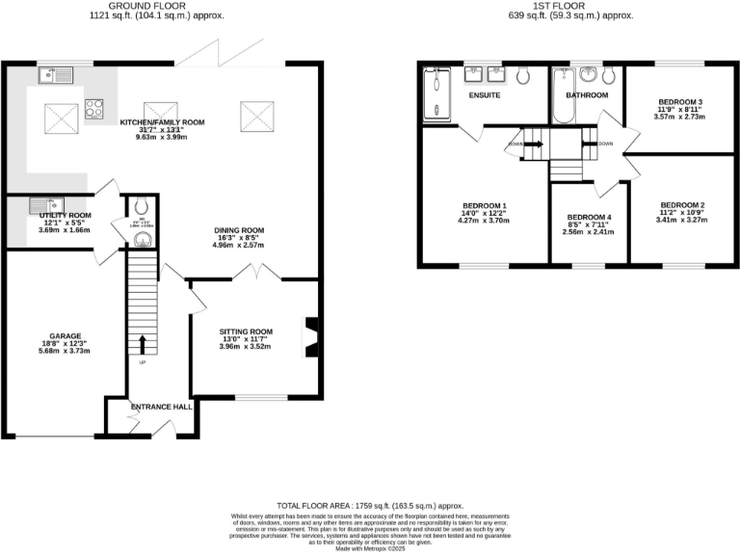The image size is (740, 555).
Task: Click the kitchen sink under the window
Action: (51, 73)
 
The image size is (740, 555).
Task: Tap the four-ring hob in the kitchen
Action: (94, 108)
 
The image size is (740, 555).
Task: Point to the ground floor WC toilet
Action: (141, 204)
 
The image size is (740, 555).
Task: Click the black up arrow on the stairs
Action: (144, 344)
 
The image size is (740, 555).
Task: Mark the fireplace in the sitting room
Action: (308, 338)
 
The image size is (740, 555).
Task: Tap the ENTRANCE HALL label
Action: (161, 407)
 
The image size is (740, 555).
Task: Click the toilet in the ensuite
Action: (522, 75)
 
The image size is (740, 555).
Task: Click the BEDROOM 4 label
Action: (590, 218)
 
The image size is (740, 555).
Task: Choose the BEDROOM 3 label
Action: (680, 102)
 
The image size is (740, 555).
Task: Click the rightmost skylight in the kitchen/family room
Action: (256, 116)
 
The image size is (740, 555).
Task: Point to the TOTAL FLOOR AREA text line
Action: (370, 506)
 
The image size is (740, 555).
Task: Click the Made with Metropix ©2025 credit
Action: (370, 547)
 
